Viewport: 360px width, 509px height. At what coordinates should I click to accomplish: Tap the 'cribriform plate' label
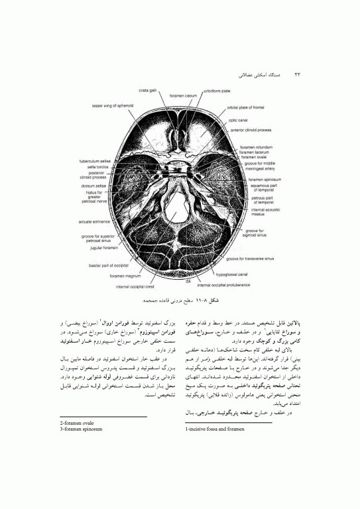click(216, 90)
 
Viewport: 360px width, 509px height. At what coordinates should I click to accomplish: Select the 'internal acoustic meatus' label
click(267, 212)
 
